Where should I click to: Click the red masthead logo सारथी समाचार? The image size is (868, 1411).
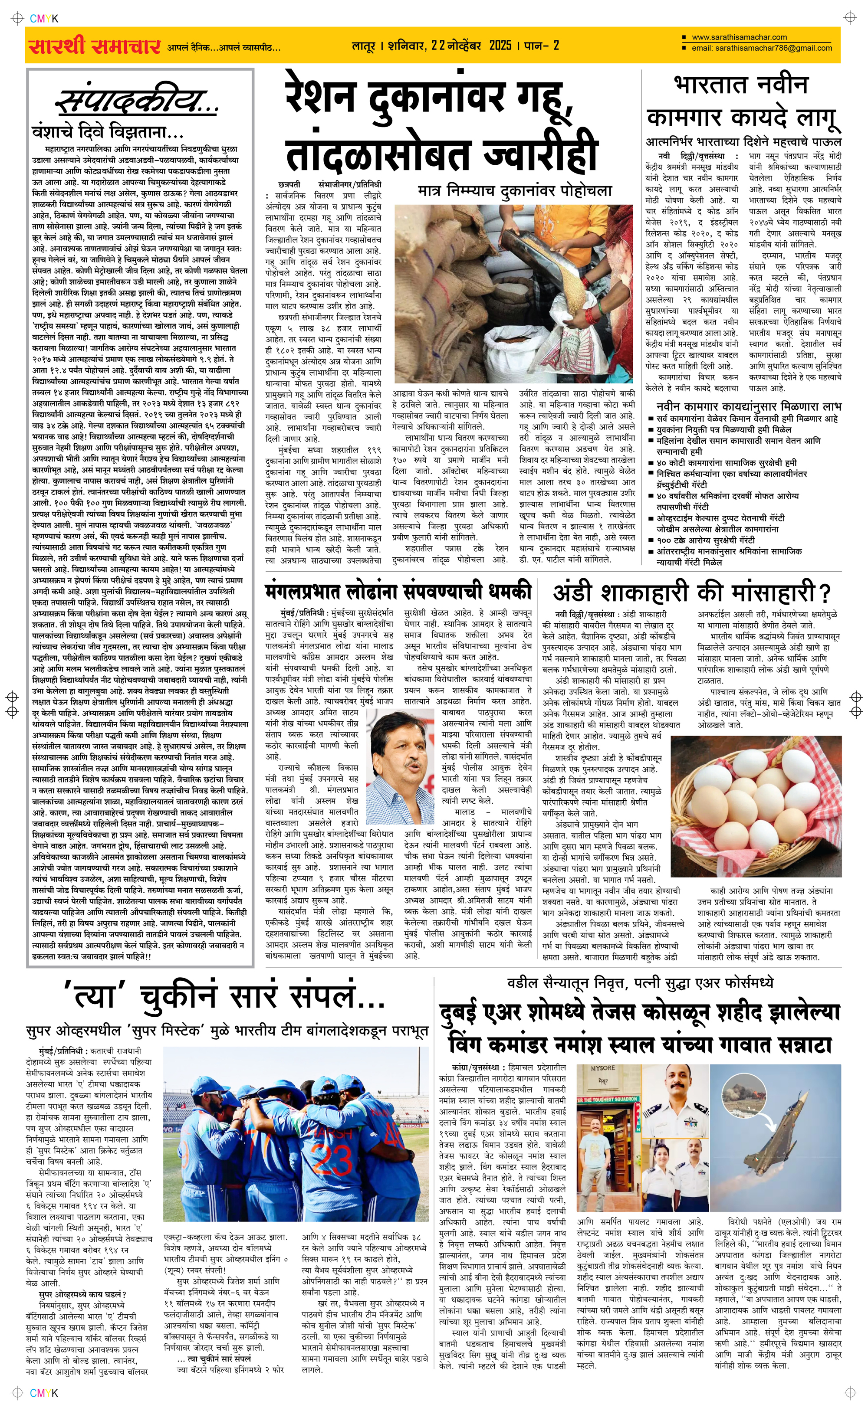point(93,46)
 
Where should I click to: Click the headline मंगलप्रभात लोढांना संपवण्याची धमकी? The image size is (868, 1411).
point(398,591)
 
